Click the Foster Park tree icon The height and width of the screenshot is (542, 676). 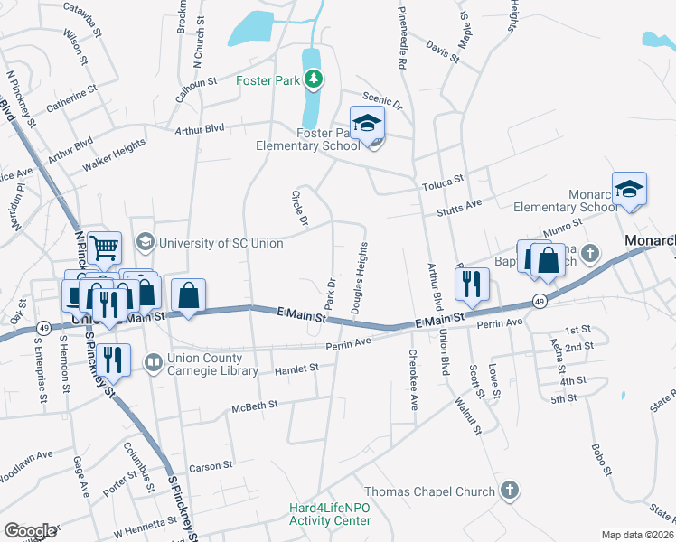[x=314, y=80]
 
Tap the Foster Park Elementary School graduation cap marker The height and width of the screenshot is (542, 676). [x=368, y=125]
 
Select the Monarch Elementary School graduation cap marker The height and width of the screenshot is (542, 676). [x=629, y=190]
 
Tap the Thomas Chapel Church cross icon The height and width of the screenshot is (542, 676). [x=510, y=491]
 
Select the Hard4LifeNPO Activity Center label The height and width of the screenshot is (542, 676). [x=330, y=514]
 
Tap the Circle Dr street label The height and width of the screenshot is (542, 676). [x=299, y=208]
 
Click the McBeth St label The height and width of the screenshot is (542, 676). [x=254, y=406]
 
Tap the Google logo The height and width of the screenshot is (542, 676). [x=30, y=531]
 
